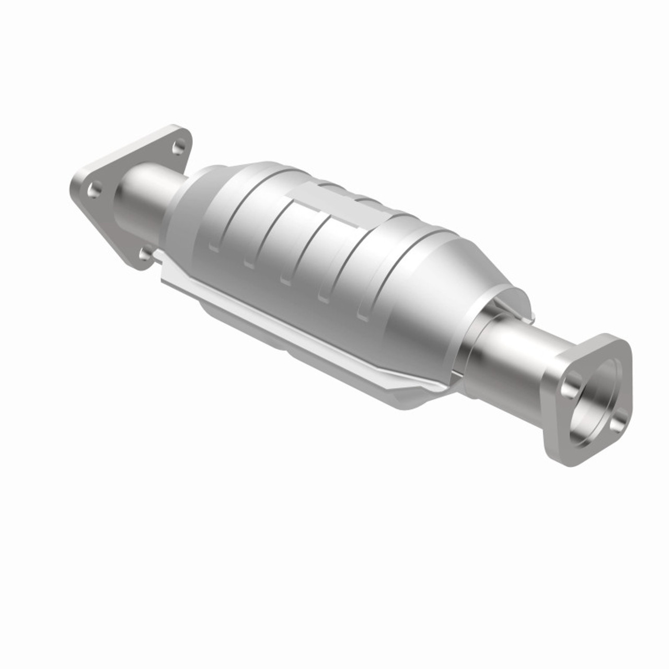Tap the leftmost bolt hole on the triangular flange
coord(94,190)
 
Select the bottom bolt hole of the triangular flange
coord(145,255)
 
